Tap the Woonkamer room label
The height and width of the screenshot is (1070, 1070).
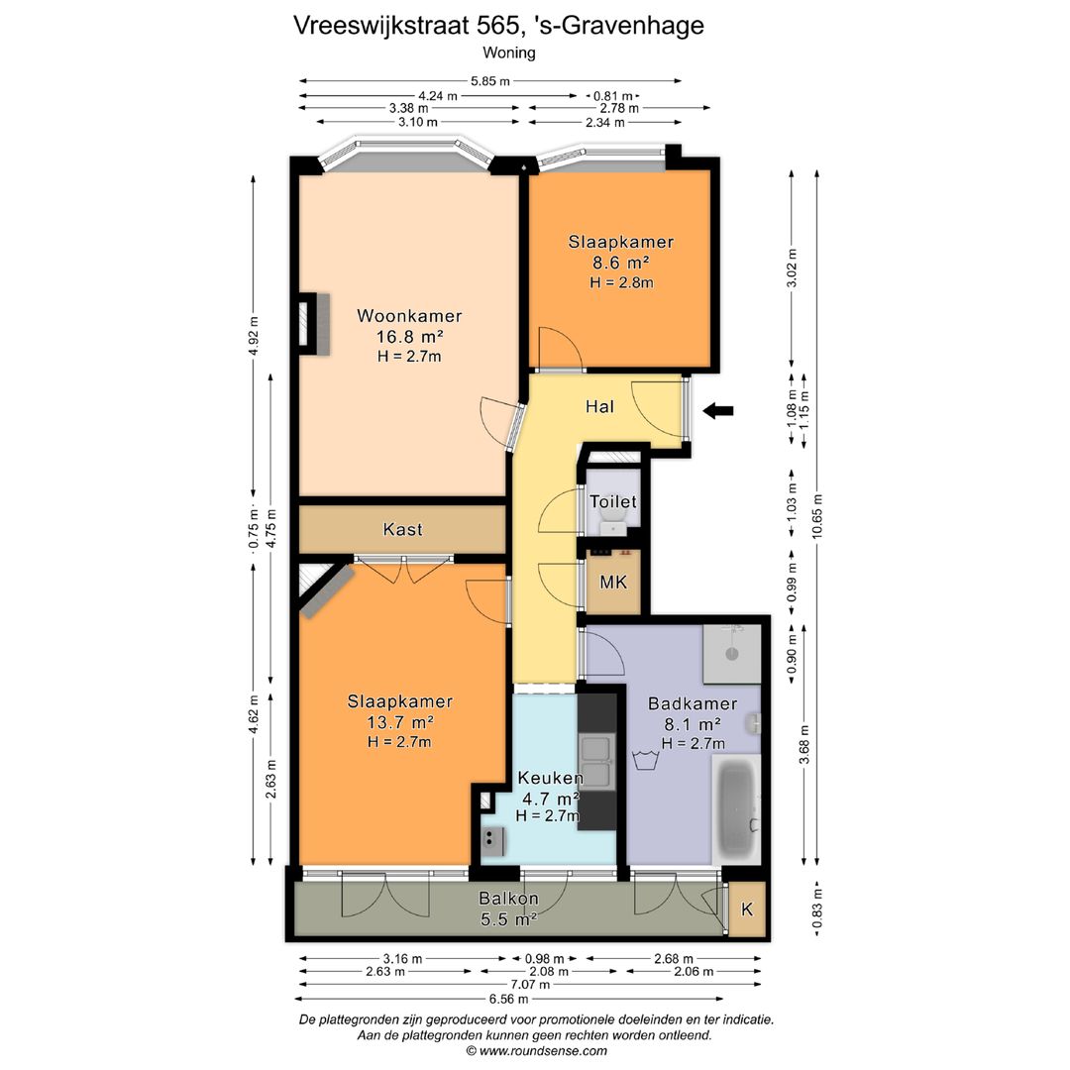(x=409, y=316)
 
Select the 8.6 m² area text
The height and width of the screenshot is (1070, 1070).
(x=620, y=263)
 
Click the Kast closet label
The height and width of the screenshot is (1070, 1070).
(x=402, y=530)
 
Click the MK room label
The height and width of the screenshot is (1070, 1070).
(x=613, y=583)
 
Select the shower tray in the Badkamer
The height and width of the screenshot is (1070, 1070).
(x=732, y=654)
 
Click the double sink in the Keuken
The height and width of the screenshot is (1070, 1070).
(x=598, y=762)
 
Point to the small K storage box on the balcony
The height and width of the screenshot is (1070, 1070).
(x=747, y=909)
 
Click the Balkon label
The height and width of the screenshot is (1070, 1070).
(x=508, y=900)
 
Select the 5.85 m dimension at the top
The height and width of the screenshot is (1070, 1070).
(x=490, y=81)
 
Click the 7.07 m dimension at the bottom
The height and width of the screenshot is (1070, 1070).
(x=531, y=985)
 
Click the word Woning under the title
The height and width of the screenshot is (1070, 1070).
(x=508, y=53)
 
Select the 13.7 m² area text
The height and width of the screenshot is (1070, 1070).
(x=400, y=721)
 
